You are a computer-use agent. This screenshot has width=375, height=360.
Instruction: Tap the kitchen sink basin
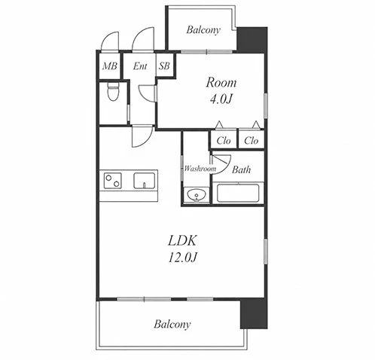[x=144, y=180]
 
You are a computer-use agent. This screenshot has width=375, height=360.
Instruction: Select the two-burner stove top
[x=112, y=181]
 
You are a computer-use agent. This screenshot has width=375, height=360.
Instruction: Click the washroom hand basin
[x=197, y=195]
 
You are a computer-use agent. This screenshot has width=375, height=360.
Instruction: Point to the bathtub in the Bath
[x=238, y=193]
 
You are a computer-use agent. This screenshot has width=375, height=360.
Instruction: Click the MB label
[x=110, y=66]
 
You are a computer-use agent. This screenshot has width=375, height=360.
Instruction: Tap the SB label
[x=164, y=66]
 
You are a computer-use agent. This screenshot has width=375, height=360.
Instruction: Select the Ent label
[x=140, y=66]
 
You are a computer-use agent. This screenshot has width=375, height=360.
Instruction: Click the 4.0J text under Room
[x=221, y=99]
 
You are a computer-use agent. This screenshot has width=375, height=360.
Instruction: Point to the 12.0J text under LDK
[x=182, y=258]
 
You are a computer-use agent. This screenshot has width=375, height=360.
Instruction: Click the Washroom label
[x=200, y=169]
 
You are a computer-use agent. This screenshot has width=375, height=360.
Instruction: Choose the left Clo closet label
[x=224, y=141]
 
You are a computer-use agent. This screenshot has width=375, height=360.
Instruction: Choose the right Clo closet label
[x=252, y=141]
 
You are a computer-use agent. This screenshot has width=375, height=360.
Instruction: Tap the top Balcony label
[x=203, y=30]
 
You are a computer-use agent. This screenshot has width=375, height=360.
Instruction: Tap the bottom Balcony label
[x=172, y=324]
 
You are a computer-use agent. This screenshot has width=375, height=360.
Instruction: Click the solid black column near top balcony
[x=252, y=40]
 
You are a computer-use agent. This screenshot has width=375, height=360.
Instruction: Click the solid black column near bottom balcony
[x=254, y=313]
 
